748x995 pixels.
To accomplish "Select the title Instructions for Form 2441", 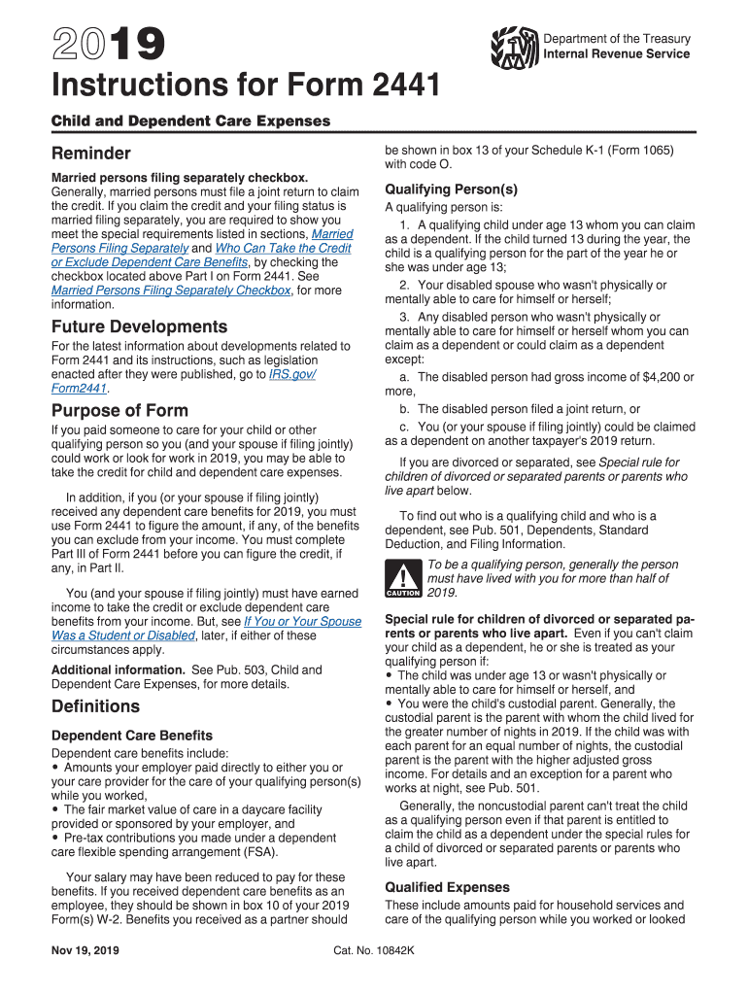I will [245, 89].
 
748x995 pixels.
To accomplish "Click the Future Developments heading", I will [139, 326].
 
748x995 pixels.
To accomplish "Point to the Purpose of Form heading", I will [119, 410].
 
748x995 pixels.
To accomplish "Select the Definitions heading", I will [95, 706].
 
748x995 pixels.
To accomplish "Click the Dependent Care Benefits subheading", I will [131, 736].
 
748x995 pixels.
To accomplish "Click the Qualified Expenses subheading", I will [447, 887].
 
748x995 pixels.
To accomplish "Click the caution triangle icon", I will [401, 578].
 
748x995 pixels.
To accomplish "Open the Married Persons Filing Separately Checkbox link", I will [170, 290].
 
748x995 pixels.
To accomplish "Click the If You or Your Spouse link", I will [302, 621].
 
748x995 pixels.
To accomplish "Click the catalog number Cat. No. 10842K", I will [373, 948].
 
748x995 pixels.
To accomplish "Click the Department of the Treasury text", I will [616, 39].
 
